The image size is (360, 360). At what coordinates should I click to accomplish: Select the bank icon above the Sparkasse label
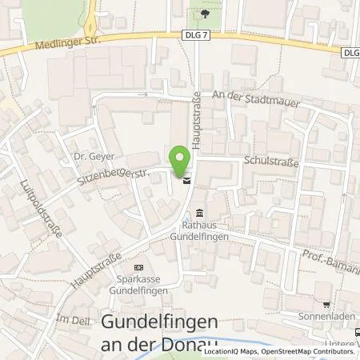coord(140,266)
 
